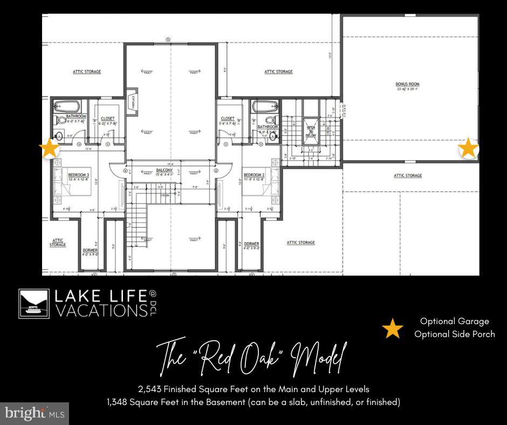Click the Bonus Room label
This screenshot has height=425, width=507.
point(407,85)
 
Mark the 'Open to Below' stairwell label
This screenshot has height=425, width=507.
point(311,130)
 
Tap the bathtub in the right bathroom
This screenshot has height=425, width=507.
point(265,106)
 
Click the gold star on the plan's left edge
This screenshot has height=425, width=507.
point(50,148)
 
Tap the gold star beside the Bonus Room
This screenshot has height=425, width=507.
point(468,148)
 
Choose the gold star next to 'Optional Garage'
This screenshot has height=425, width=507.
point(393,328)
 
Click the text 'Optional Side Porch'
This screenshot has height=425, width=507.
point(454,334)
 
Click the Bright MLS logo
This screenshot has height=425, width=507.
point(35,414)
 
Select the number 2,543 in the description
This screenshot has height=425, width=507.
point(149,389)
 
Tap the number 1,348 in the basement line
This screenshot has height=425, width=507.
point(119,402)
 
